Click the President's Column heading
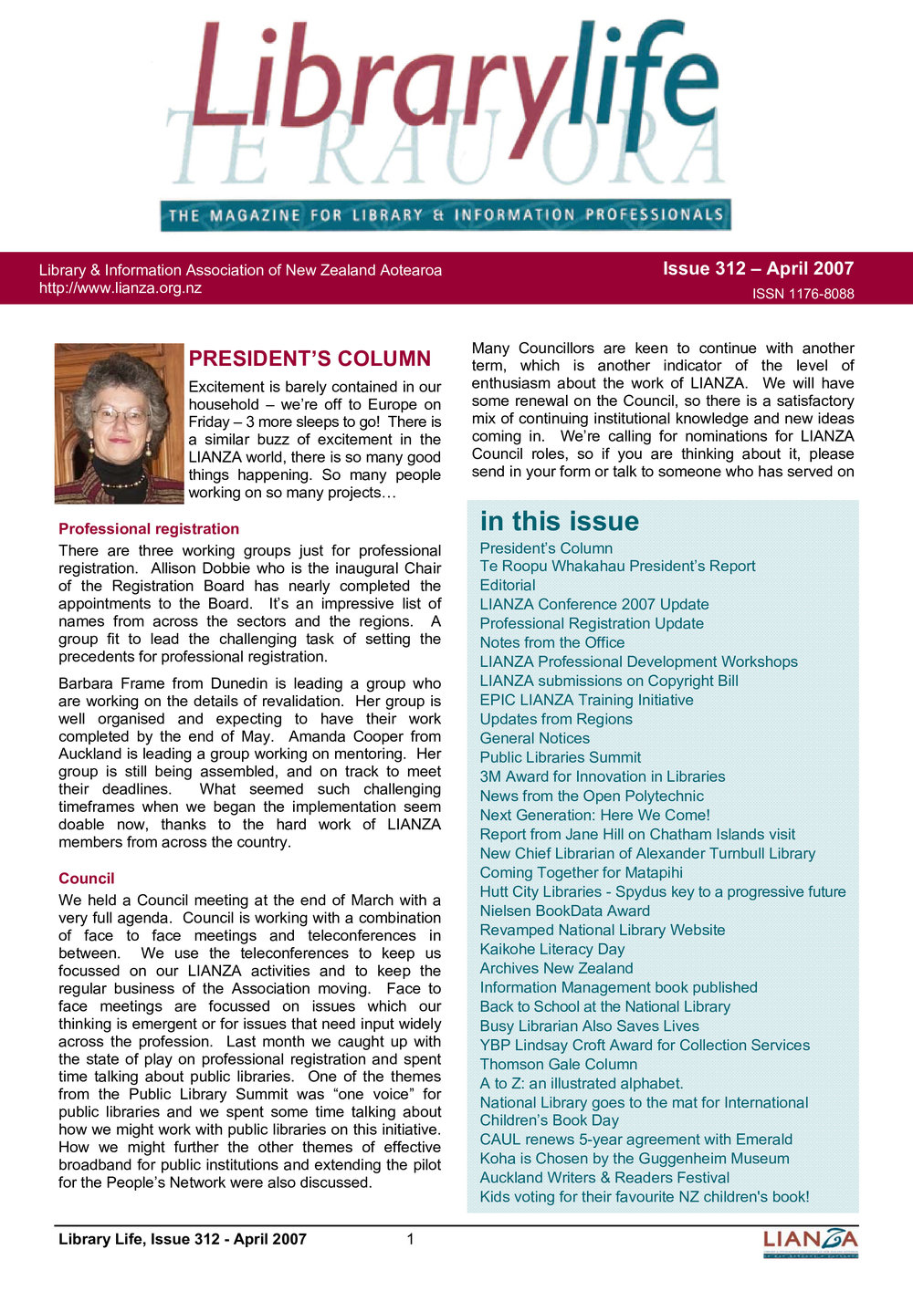click(x=310, y=359)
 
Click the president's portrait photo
click(x=119, y=423)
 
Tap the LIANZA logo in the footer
click(x=811, y=1241)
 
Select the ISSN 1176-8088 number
click(x=803, y=294)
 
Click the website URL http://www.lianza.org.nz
click(x=121, y=288)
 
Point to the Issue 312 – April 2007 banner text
click(x=758, y=268)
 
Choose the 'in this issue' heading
click(x=560, y=521)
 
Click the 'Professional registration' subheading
click(x=149, y=529)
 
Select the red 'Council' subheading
click(x=87, y=879)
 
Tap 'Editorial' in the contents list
click(x=508, y=586)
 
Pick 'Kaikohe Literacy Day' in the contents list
click(x=552, y=950)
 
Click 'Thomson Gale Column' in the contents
click(x=559, y=1065)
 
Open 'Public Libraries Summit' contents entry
click(x=561, y=758)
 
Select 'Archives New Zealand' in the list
click(x=556, y=969)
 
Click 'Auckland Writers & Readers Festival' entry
click(x=604, y=1178)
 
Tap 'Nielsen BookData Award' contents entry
click(x=565, y=911)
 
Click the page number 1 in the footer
click(x=411, y=1239)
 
